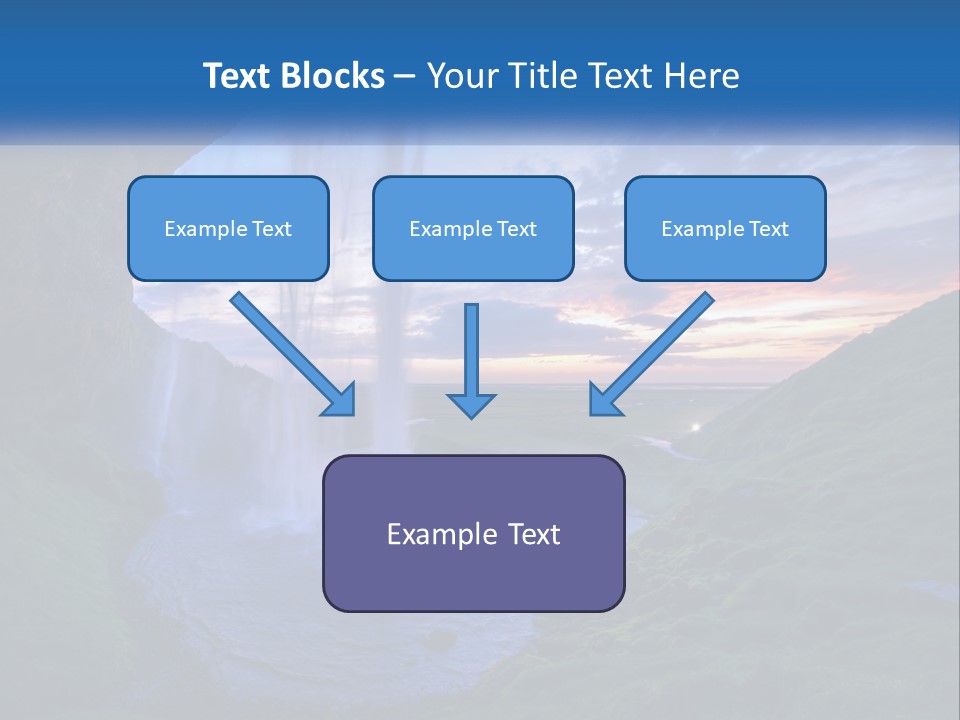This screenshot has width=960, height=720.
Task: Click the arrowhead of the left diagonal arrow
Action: click(x=343, y=402)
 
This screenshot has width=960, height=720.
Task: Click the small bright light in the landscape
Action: click(x=696, y=427)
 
